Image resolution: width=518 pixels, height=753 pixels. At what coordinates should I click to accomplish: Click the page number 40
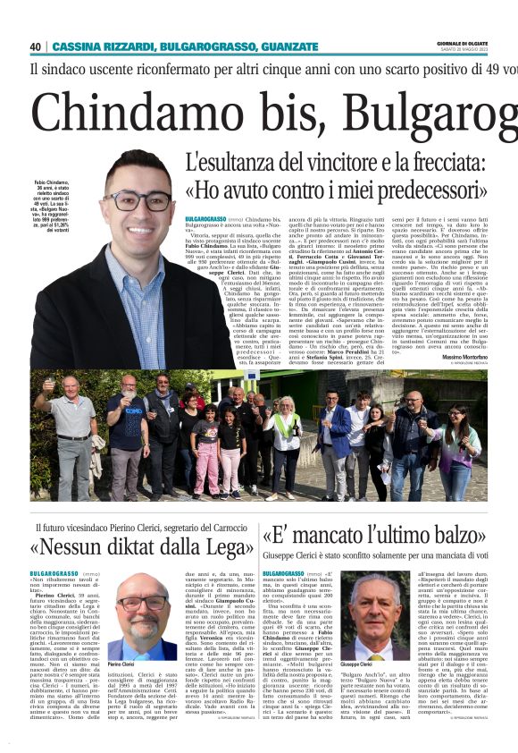tap(35, 47)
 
